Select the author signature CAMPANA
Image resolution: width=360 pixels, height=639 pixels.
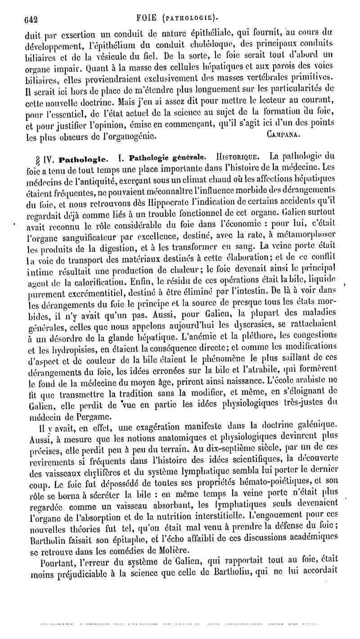(282, 135)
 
